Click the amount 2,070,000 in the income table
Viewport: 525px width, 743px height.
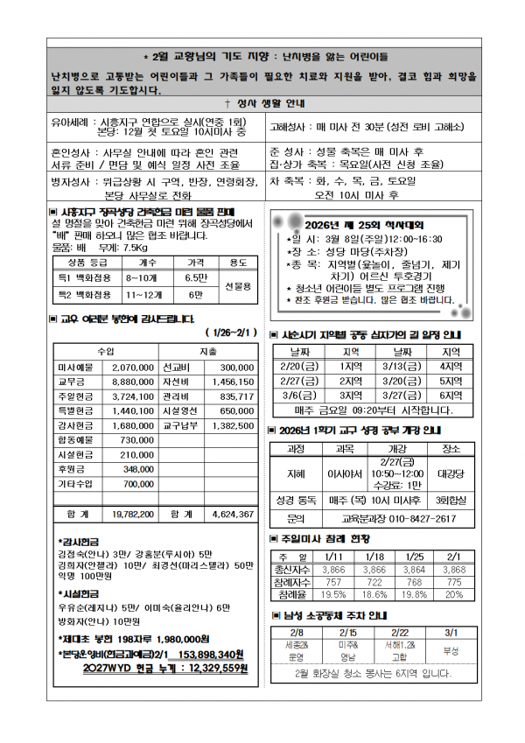pyautogui.click(x=133, y=368)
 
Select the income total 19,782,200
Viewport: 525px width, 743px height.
pyautogui.click(x=133, y=514)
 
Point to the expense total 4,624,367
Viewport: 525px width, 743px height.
pyautogui.click(x=232, y=514)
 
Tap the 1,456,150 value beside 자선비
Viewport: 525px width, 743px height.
pyautogui.click(x=232, y=382)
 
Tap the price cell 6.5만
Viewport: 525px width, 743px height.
pyautogui.click(x=195, y=277)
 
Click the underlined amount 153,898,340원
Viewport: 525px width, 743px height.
pyautogui.click(x=210, y=654)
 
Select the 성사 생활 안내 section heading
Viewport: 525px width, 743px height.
pyautogui.click(x=266, y=102)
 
